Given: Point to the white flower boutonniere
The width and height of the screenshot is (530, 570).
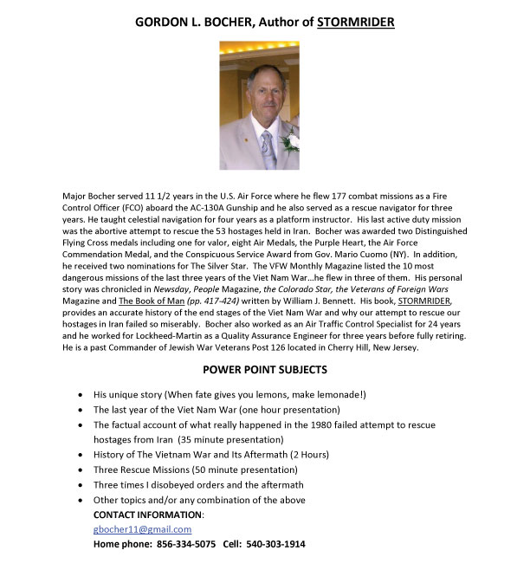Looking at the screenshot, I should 291,139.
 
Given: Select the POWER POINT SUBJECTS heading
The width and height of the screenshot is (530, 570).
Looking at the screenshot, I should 265,369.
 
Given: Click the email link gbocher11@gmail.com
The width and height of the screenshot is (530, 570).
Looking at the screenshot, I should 142,529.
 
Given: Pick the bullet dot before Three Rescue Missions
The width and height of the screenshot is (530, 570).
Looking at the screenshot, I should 81,470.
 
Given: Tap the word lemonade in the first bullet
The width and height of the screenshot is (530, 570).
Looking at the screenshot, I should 333,395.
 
